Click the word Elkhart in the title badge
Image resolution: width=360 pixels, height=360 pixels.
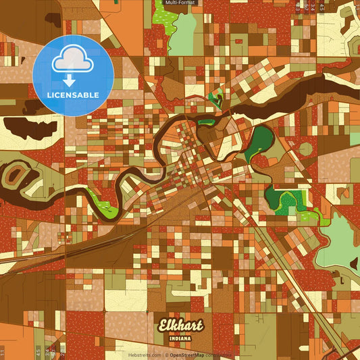(x=180, y=326)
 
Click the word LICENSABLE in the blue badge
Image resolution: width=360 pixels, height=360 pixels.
(x=73, y=95)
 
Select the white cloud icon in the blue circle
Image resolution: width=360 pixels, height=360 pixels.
(x=73, y=61)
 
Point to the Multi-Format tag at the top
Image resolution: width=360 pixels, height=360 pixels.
(x=180, y=3)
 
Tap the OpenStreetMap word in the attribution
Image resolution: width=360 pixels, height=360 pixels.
(x=187, y=355)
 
